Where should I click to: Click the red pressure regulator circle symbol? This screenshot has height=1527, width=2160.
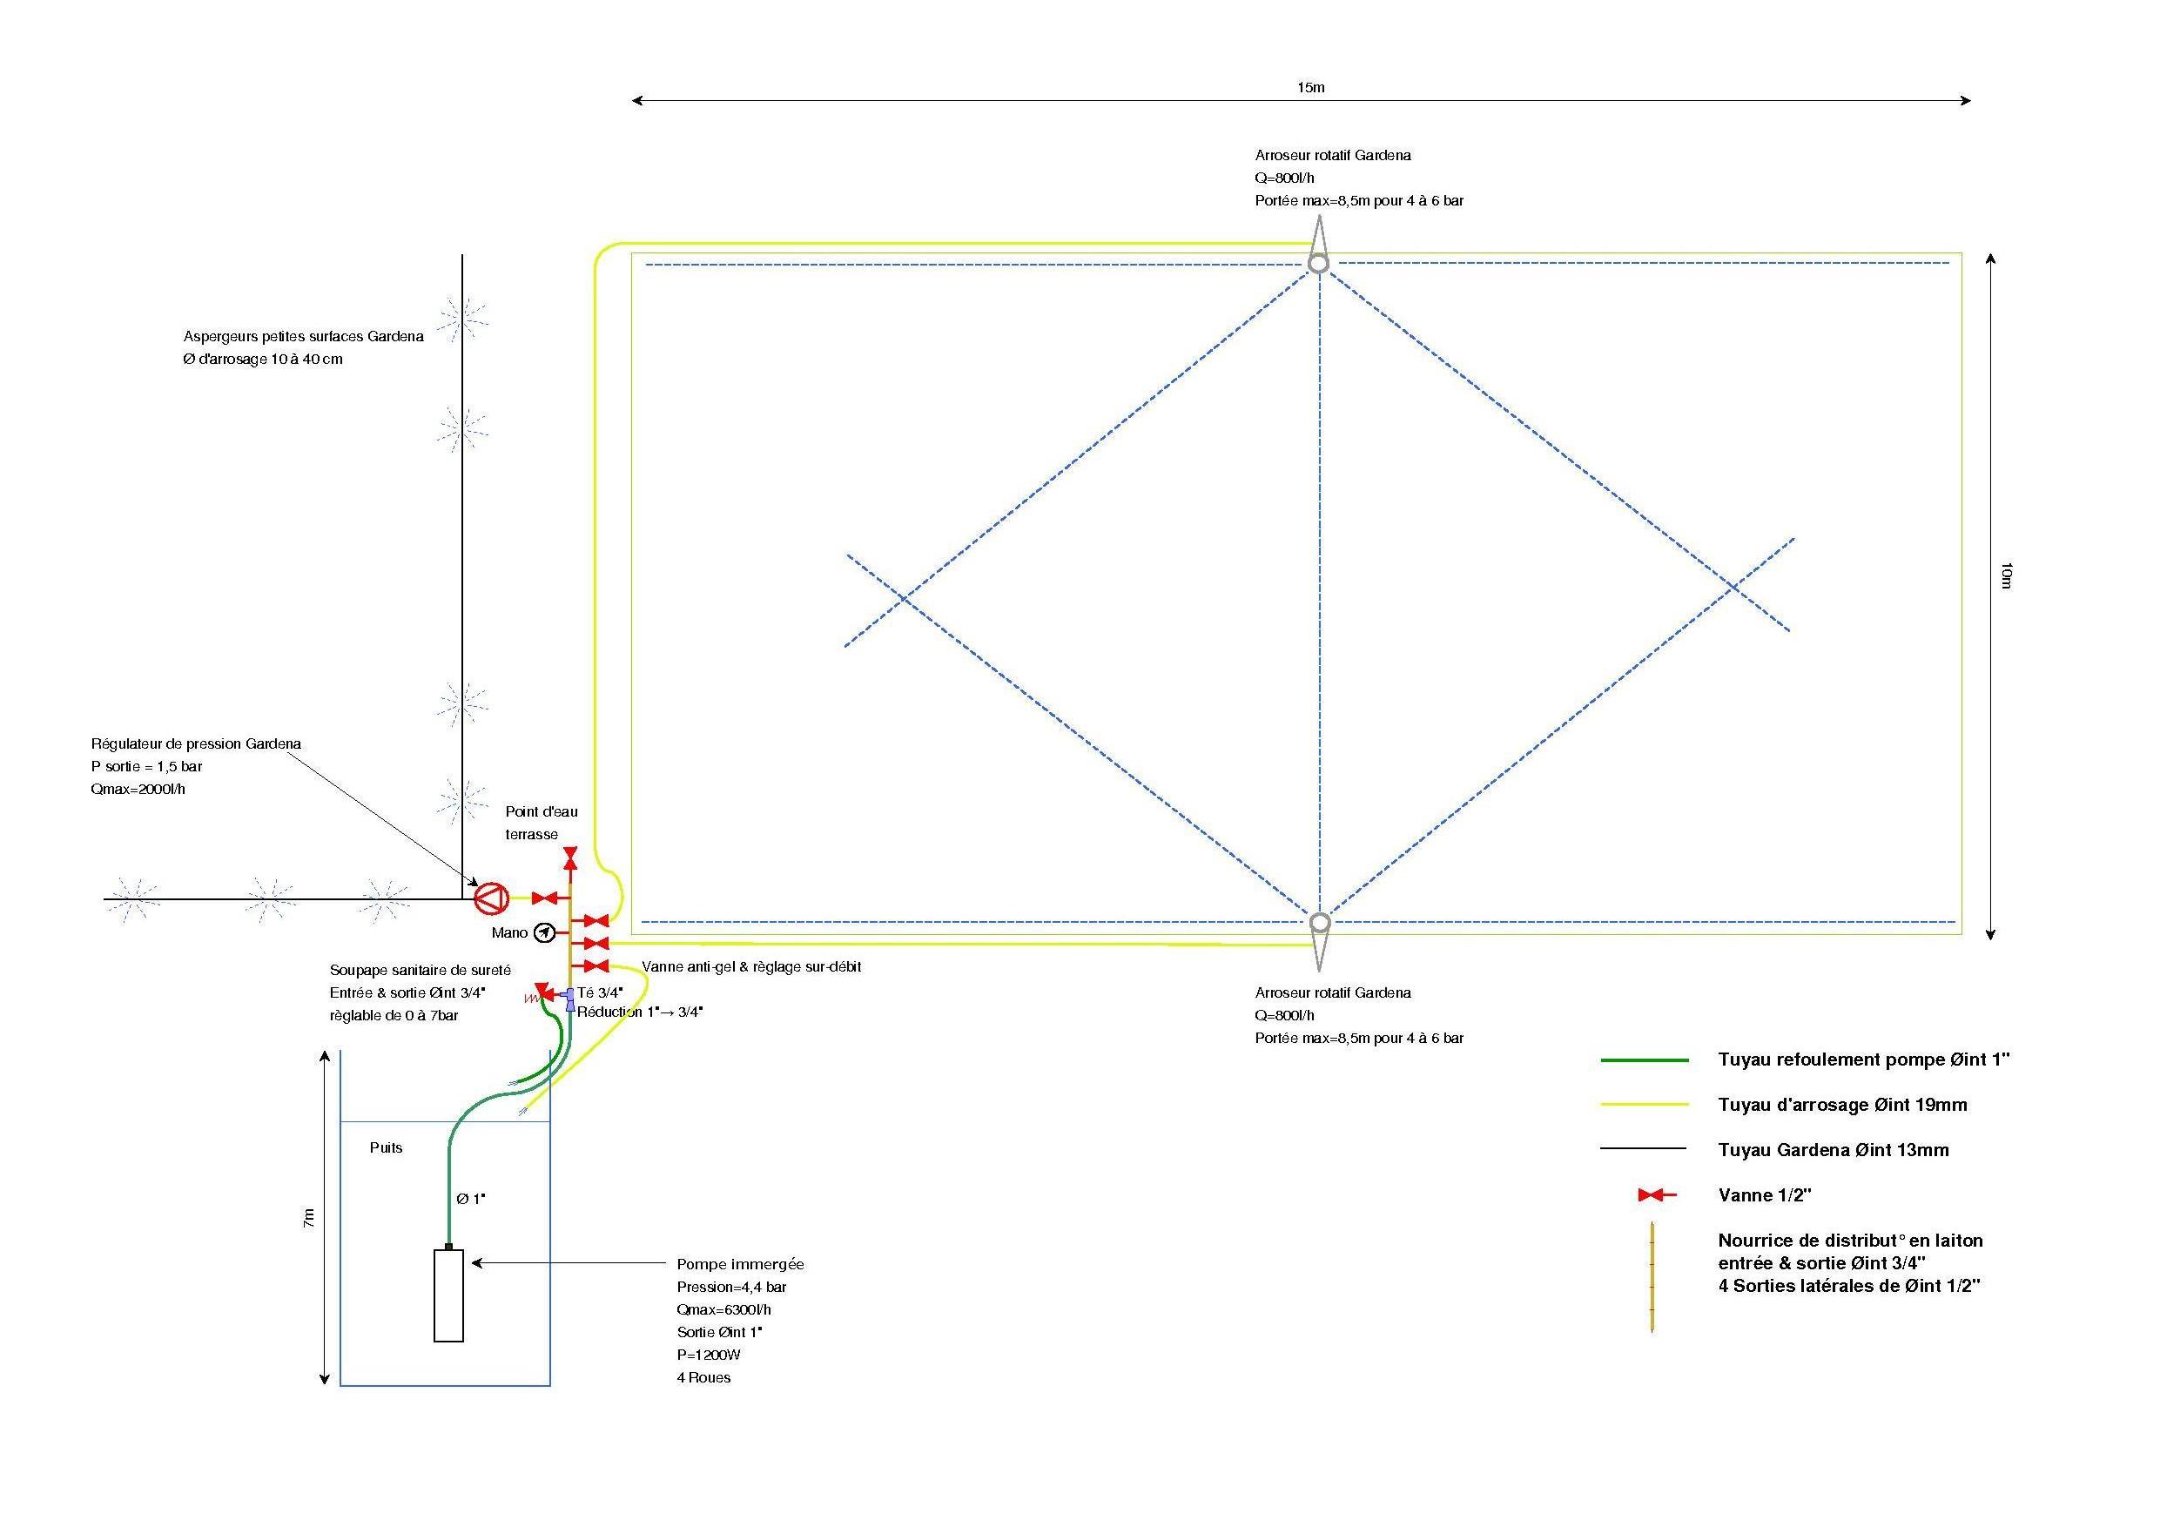pos(489,898)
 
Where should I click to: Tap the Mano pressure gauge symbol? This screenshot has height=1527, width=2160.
pos(544,932)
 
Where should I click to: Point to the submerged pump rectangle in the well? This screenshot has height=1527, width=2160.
pos(447,1295)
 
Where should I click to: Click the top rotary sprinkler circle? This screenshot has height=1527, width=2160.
pos(1319,264)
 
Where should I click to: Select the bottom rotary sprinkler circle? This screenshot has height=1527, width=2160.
pos(1319,922)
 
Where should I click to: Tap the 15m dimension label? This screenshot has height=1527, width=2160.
pos(1310,88)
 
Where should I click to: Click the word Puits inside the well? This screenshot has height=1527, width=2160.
pos(386,1147)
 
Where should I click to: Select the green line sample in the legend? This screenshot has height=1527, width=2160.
pos(1644,1060)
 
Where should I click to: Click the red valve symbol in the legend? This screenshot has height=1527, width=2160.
pos(1656,1195)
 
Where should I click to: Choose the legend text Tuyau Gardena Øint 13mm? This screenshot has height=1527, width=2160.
pos(1833,1150)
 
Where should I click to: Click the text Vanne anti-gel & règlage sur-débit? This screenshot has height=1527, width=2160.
pos(750,966)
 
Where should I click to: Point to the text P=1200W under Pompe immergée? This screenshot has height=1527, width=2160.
pos(709,1355)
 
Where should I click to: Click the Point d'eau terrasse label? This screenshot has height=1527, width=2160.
pos(541,823)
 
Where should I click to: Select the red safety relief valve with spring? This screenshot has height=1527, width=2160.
pos(541,992)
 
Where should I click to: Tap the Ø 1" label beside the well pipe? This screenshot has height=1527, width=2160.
pos(470,1199)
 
